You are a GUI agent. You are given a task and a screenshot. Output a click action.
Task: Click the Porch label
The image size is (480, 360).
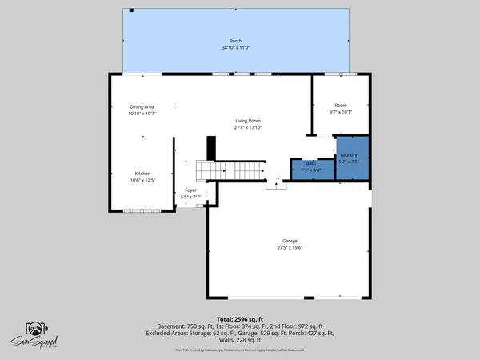[236, 41]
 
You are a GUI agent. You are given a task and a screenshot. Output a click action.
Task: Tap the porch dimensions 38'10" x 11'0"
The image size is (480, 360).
[236, 48]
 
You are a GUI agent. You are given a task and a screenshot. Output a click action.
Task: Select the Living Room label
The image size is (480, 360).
[247, 121]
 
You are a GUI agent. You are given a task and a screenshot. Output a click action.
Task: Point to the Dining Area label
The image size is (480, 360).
[142, 106]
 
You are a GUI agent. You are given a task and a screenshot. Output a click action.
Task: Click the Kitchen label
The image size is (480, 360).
[142, 174]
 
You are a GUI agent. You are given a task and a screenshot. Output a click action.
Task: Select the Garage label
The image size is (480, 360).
[289, 241]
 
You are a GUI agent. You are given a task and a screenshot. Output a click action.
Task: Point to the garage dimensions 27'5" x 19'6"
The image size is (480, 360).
[289, 248]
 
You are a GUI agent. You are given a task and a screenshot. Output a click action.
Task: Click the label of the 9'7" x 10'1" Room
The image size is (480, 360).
[341, 105]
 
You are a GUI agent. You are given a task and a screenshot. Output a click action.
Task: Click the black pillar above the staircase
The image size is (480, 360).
[212, 149]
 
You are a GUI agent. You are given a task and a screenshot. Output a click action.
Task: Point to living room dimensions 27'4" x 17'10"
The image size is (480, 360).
[247, 128]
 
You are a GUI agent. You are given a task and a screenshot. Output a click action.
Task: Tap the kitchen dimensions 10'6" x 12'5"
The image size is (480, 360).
[142, 181]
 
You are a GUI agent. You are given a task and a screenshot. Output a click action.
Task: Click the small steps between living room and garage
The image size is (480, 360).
[276, 185]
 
